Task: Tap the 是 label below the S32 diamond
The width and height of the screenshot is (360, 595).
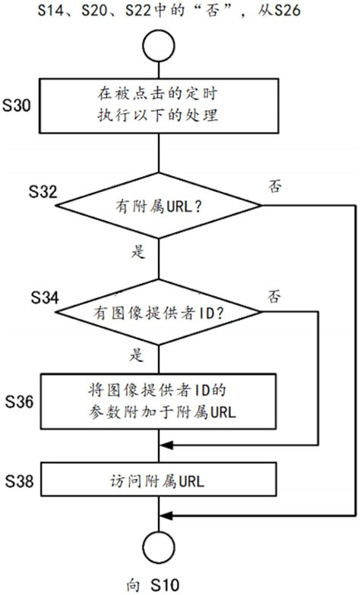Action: (138, 253)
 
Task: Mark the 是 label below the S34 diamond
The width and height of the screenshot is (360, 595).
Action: (138, 354)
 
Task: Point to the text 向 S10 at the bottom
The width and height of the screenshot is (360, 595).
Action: (152, 585)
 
